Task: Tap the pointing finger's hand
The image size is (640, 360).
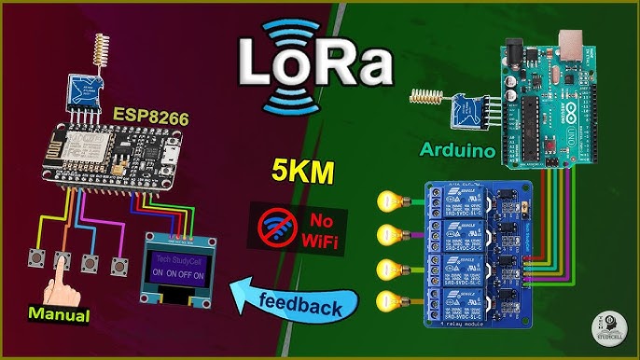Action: click(63, 284)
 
